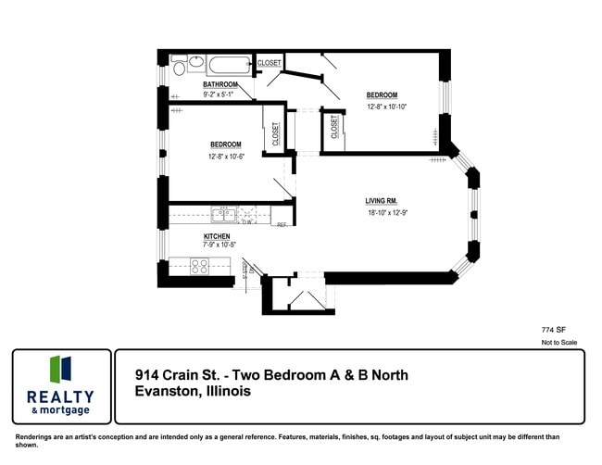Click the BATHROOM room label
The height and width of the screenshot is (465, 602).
tap(220, 85)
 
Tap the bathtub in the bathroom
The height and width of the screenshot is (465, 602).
tap(230, 66)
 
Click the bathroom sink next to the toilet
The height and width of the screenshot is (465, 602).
tap(195, 63)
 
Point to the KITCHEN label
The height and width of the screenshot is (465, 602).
tap(217, 236)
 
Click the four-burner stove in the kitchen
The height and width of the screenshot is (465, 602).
tap(200, 267)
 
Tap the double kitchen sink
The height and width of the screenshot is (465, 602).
tap(222, 215)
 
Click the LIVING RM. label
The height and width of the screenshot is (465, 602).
tap(382, 201)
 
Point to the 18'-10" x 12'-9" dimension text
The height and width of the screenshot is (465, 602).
tap(386, 213)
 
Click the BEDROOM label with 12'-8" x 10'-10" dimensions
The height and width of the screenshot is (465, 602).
tap(382, 95)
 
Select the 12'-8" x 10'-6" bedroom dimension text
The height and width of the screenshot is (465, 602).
tap(226, 156)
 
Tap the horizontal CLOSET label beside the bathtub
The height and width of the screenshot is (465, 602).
tap(270, 63)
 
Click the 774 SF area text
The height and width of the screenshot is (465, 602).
tap(554, 329)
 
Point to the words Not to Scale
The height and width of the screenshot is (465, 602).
tap(559, 343)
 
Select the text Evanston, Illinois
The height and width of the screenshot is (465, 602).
tap(193, 392)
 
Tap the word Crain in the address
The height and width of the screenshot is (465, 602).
tap(182, 375)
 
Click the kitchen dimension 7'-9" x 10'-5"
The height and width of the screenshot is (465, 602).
tap(219, 245)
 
